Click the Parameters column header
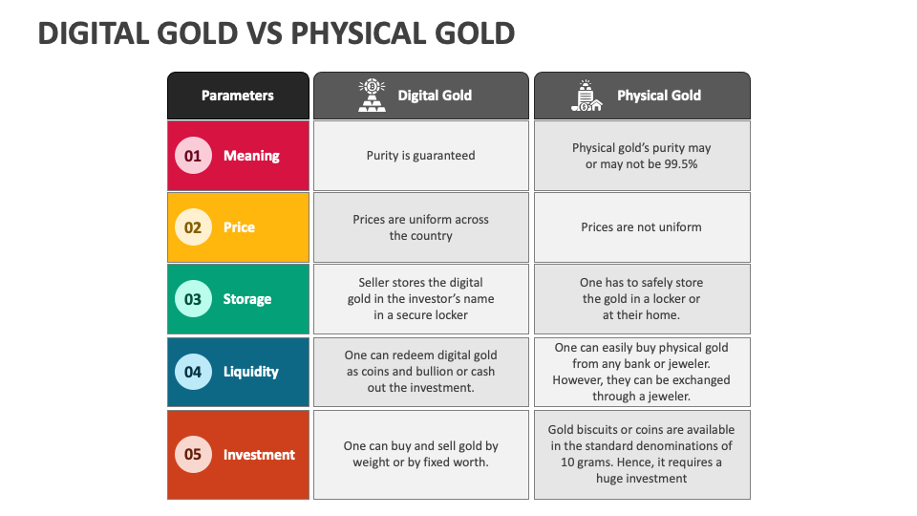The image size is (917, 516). (x=238, y=96)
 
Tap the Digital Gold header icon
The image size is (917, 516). (x=372, y=96)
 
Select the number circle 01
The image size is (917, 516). (x=193, y=156)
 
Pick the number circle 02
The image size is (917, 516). (x=193, y=227)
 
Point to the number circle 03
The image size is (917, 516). (x=193, y=299)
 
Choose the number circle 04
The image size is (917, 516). (x=193, y=372)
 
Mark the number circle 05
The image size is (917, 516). (x=193, y=455)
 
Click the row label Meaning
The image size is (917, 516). (x=251, y=156)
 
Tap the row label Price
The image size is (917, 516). (x=239, y=227)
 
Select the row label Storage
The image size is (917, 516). (x=247, y=299)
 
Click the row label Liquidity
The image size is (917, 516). (x=250, y=372)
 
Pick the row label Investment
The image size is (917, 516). (x=259, y=455)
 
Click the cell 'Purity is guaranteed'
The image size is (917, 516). (x=420, y=156)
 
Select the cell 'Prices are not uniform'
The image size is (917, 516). (x=641, y=227)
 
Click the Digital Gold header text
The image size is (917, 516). (x=435, y=96)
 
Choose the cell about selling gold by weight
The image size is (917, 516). (x=420, y=455)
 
